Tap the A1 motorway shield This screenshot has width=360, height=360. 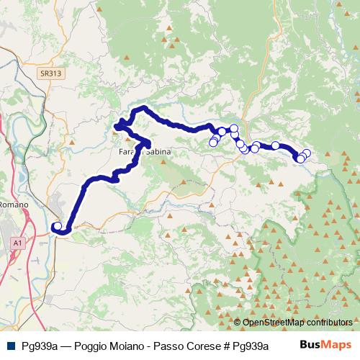[17, 244]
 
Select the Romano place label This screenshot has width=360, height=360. [13, 204]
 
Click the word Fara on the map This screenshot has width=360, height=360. [127, 153]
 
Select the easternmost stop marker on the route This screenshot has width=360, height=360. [307, 153]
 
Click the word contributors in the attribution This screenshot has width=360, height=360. [330, 323]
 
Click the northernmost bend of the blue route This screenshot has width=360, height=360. [144, 108]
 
